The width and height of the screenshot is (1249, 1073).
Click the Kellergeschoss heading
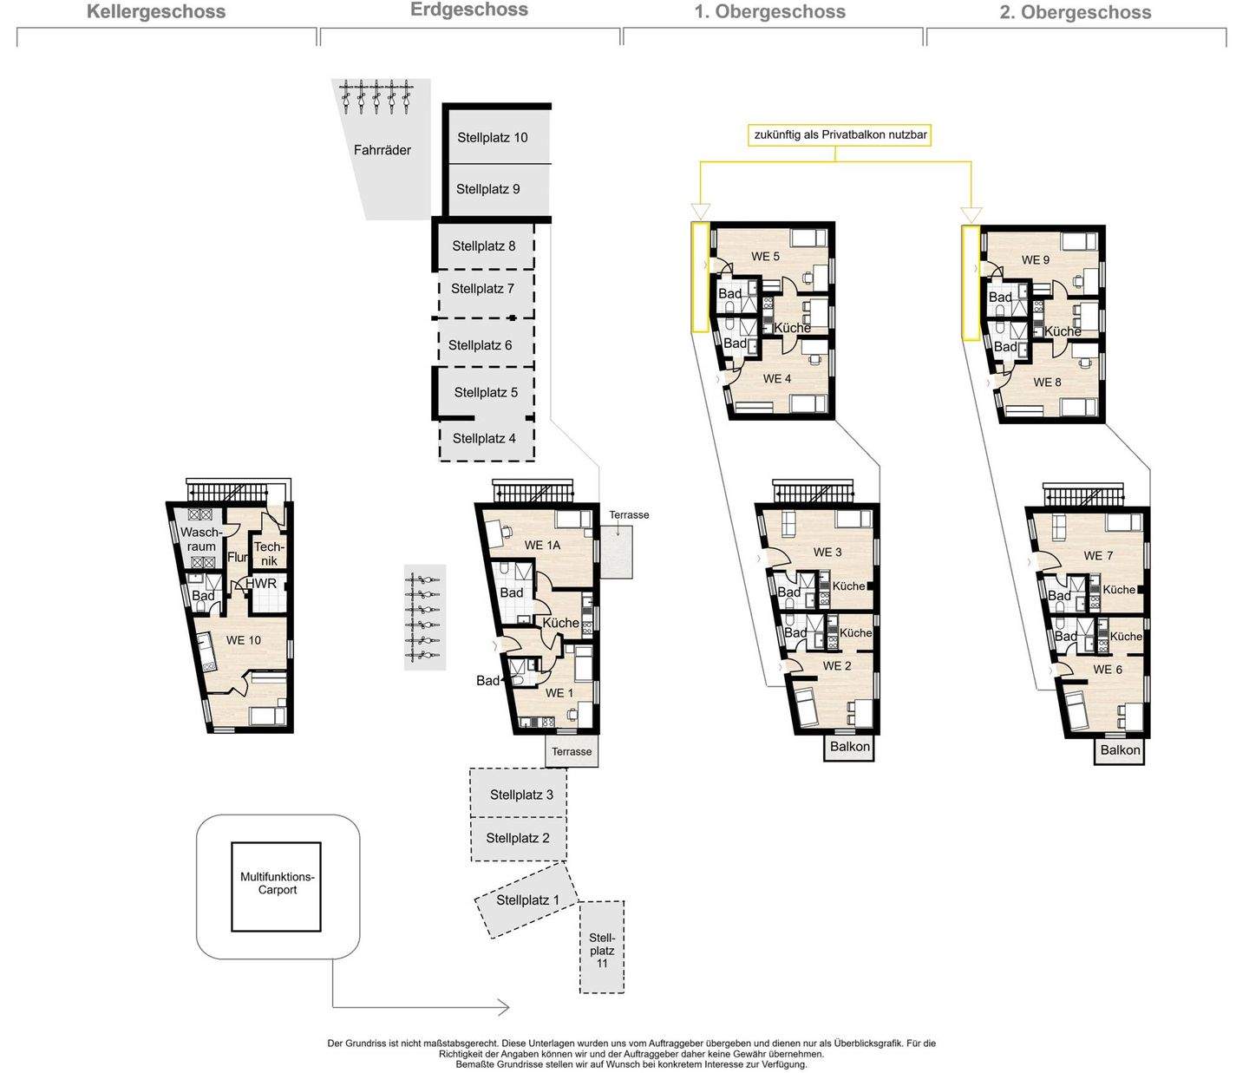point(156,12)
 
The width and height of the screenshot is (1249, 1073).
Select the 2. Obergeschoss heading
point(1075,12)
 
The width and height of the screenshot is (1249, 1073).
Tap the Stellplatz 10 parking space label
point(493,138)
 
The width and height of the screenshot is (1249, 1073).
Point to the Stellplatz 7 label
point(482,289)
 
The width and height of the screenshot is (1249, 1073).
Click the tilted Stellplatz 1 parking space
point(526,900)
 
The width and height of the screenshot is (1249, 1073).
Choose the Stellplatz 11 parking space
point(602,946)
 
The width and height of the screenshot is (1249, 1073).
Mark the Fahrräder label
point(382,150)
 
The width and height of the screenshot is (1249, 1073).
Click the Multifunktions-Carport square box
point(276,887)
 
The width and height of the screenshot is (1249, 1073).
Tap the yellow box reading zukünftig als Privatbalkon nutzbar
point(840,134)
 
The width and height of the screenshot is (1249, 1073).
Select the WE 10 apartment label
point(244,640)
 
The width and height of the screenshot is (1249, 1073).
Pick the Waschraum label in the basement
point(201,540)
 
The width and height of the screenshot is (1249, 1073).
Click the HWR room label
point(261,584)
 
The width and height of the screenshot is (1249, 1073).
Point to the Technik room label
point(269,553)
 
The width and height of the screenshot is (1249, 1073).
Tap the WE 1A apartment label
point(542,545)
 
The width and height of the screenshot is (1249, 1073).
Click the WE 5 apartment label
point(765,256)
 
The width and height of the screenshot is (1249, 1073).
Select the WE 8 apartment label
point(1047,382)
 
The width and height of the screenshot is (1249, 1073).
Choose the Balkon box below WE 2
point(850,747)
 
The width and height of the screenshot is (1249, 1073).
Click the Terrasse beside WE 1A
point(617,552)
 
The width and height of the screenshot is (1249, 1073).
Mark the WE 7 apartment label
point(1098,556)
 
